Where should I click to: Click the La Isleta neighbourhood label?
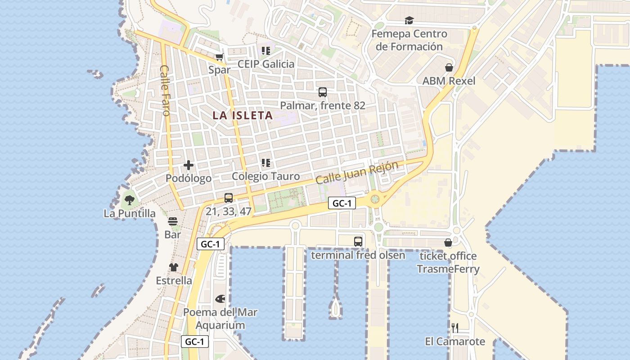243,115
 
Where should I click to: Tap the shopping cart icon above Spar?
219,57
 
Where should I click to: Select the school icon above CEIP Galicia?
265,51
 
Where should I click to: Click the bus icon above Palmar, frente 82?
322,92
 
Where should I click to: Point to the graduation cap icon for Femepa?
409,20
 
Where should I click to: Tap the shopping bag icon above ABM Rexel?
449,68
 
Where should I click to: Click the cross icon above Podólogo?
189,165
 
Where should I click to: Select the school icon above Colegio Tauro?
265,162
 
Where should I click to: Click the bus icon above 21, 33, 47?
228,198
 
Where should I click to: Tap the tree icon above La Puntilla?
130,200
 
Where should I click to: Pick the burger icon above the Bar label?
173,221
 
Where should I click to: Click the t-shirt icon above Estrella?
174,267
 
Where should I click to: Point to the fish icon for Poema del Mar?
220,299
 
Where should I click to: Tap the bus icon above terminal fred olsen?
358,242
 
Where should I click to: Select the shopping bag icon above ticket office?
448,243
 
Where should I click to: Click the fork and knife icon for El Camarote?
455,328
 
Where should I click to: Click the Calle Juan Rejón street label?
357,173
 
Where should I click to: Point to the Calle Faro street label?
165,90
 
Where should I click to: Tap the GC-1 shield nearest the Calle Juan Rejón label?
342,203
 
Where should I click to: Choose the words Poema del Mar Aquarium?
220,319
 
